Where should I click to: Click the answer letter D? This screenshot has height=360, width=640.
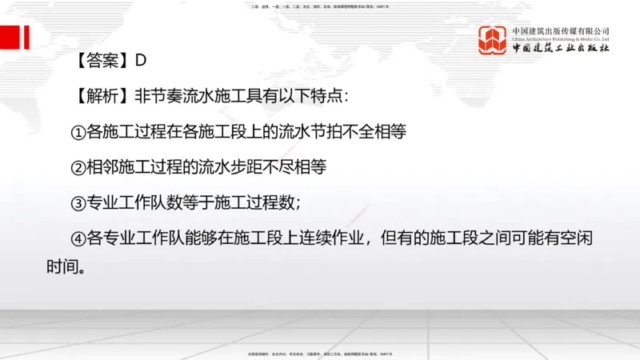140,60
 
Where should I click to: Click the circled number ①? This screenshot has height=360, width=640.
78,131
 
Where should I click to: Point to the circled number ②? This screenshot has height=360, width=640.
78,167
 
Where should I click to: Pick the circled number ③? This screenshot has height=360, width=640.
78,202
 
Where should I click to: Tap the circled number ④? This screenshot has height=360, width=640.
78,238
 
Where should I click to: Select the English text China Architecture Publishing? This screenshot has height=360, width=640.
561,38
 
